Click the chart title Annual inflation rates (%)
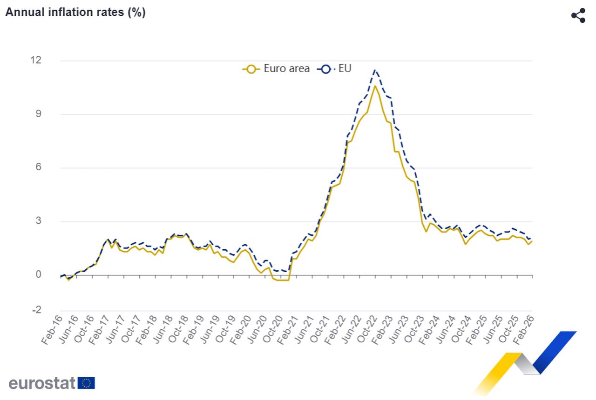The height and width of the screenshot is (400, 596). coord(75,13)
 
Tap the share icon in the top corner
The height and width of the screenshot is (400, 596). coord(578,15)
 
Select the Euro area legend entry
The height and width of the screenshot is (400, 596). coord(276,69)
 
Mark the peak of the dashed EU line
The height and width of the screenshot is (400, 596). coord(375,70)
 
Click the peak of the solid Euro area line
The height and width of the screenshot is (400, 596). coord(375,86)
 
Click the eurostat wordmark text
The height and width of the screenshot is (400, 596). coord(42,383)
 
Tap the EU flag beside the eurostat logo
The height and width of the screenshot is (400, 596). coord(87,383)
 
